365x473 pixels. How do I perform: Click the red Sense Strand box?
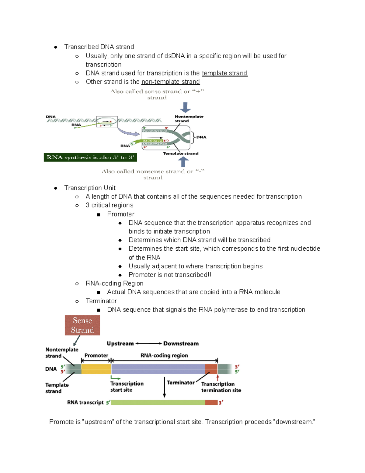coord(82,325)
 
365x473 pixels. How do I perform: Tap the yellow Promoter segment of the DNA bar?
coord(96,369)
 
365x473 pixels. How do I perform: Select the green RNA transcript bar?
coord(158,402)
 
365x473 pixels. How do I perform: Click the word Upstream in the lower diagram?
coord(120,344)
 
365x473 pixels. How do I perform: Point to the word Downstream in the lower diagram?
coord(181,344)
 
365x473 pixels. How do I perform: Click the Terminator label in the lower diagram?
coord(180,383)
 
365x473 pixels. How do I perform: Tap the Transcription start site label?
coord(127,387)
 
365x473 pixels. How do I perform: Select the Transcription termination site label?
coord(221,387)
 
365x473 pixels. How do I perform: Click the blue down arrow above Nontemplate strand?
coord(185,108)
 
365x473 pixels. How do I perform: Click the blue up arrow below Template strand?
coord(183,161)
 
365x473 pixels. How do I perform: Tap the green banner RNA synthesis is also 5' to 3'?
coord(90,157)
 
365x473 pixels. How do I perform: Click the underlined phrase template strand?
coord(224,73)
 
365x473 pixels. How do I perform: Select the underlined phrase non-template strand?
coord(170,82)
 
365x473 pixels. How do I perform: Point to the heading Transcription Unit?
coord(90,188)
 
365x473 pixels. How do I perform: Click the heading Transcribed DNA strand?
coord(99,47)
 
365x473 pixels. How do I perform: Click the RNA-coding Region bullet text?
coord(114,283)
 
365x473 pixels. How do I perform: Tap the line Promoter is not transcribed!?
coord(170,275)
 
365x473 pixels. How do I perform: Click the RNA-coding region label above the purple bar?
coord(164,355)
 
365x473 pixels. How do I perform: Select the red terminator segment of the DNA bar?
coord(211,369)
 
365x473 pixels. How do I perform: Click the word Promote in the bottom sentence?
coord(61,422)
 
